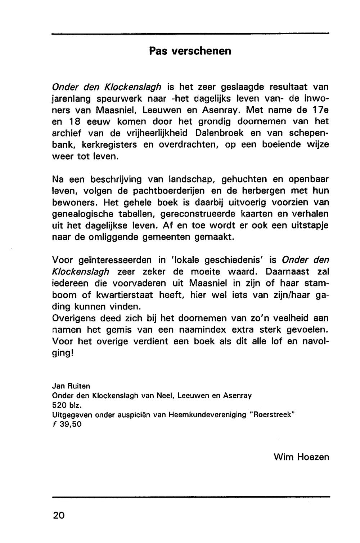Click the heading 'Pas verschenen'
[x=190, y=51]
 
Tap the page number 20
[x=59, y=515]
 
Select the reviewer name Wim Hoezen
[x=301, y=457]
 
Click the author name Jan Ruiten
[x=71, y=386]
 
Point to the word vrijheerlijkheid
[x=156, y=133]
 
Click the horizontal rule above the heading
[x=190, y=34]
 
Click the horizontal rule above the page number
[x=190, y=497]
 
